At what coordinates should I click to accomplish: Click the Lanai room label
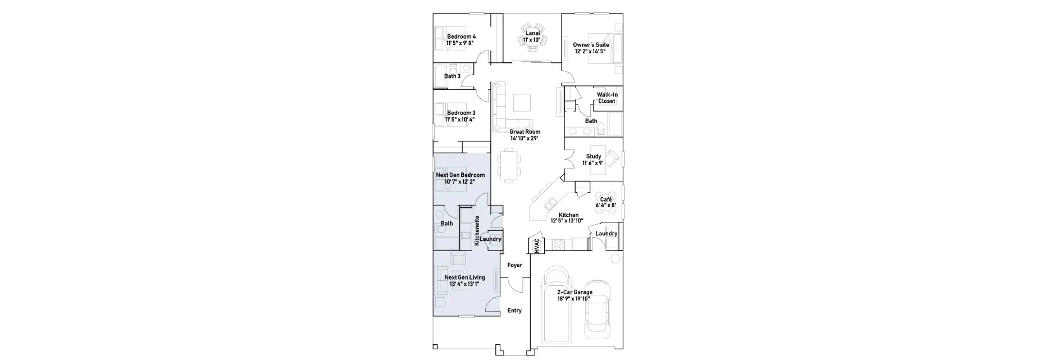532,33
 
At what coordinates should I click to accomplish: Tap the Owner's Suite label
591,45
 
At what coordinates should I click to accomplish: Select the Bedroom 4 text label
461,37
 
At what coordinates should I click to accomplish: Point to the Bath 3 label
452,76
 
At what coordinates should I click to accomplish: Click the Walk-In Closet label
607,98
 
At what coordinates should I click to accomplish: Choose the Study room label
594,157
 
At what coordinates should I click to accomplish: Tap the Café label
606,199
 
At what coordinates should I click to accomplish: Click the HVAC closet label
536,245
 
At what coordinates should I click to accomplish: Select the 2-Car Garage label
574,292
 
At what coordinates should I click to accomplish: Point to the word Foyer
514,265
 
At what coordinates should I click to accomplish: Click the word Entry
514,311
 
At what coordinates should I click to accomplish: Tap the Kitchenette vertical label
477,231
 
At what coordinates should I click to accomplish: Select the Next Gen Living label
464,277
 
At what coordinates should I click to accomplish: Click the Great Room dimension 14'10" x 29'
524,138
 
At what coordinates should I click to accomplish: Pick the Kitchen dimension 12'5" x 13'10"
568,221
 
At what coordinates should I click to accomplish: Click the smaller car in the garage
596,309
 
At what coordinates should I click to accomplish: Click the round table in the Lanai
532,36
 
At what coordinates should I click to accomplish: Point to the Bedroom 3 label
461,113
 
